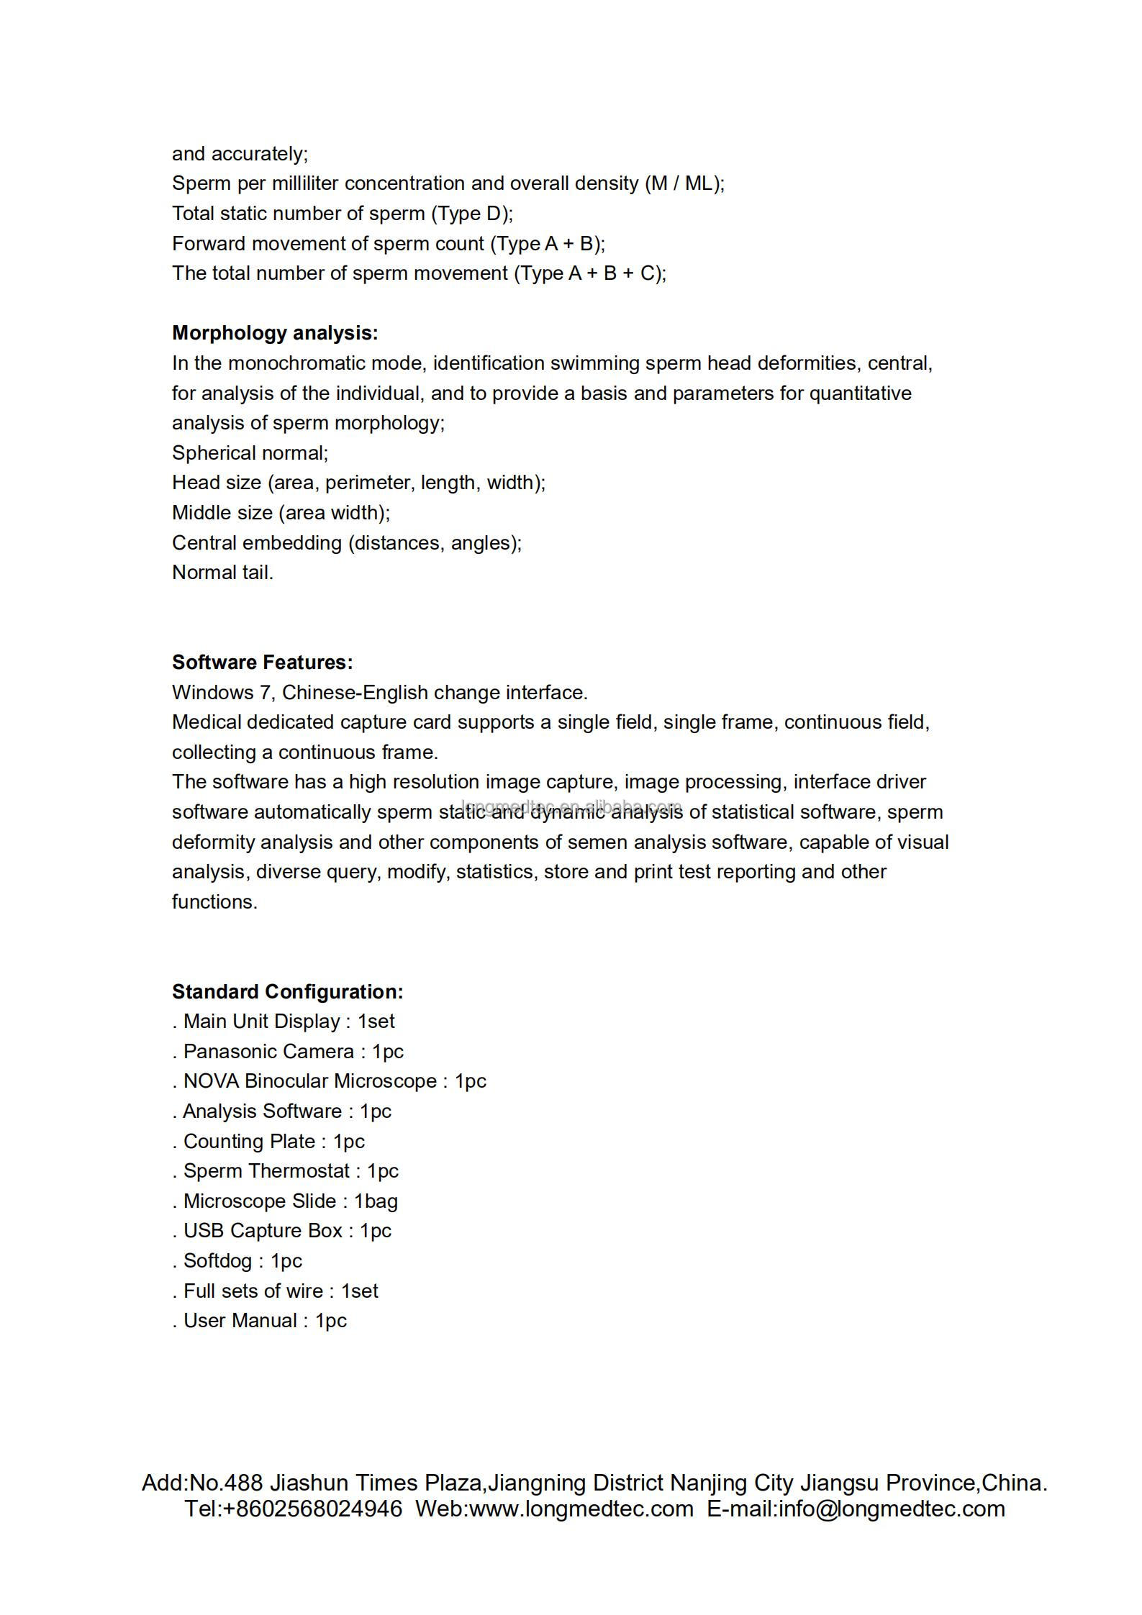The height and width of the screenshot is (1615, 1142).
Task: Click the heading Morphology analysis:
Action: (275, 333)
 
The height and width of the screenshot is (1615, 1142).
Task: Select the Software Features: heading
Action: (263, 663)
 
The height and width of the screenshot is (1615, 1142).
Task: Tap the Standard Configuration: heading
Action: (287, 991)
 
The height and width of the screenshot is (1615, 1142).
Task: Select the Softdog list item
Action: (237, 1260)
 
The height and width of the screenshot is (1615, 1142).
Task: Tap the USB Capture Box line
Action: (282, 1230)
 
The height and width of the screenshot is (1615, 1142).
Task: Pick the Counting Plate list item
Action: (268, 1141)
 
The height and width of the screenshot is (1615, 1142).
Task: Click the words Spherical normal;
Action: (250, 453)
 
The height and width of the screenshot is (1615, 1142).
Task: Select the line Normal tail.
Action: (222, 573)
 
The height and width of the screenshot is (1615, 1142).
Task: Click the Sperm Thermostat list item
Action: (286, 1171)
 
